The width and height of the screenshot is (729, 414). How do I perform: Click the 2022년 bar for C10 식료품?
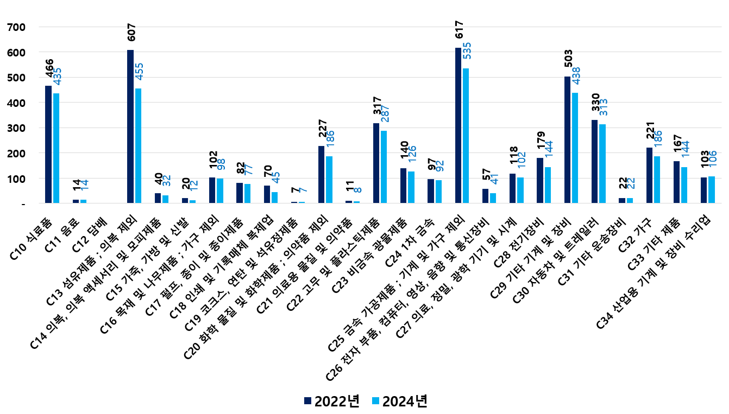pos(48,144)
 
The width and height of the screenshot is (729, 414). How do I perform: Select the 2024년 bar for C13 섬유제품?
pos(139,146)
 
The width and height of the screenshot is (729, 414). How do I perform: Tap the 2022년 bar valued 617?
pos(458,125)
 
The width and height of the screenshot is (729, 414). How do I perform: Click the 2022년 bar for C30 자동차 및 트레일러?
pos(595,162)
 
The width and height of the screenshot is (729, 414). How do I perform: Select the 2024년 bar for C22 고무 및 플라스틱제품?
pos(384,167)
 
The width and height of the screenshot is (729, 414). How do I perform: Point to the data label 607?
pos(131,33)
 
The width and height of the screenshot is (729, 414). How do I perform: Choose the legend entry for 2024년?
pos(399,402)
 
